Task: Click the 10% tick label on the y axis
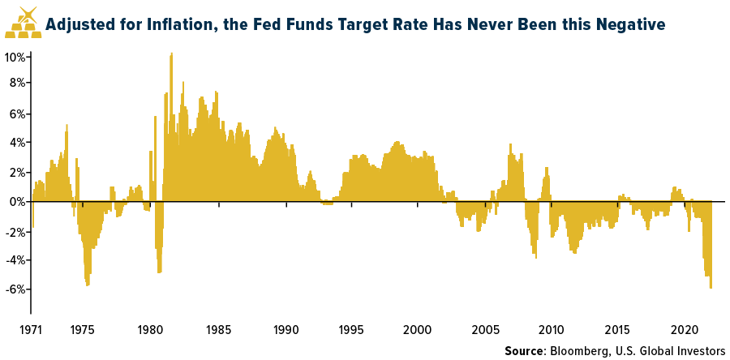(x=14, y=57)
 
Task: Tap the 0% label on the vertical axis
(x=16, y=201)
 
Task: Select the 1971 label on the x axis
(x=31, y=331)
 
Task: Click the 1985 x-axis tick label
(x=217, y=331)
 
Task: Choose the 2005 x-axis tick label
(x=485, y=331)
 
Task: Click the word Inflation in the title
(x=165, y=25)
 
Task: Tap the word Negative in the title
(x=627, y=25)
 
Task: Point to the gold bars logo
(x=22, y=24)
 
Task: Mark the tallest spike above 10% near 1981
(x=171, y=55)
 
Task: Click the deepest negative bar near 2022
(x=711, y=287)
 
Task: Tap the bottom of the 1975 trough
(x=88, y=285)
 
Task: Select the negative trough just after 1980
(x=159, y=272)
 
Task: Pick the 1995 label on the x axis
(x=351, y=331)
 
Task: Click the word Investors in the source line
(x=695, y=351)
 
